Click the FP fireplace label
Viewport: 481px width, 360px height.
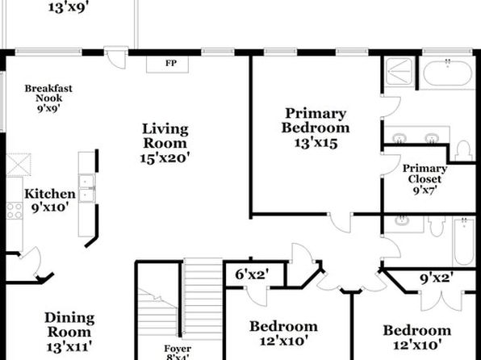[x=171, y=63]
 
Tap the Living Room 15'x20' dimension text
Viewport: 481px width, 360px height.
[x=165, y=158]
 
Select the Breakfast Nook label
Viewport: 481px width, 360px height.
[x=48, y=94]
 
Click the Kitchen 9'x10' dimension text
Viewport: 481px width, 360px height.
[x=50, y=207]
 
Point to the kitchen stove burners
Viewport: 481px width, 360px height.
[x=15, y=211]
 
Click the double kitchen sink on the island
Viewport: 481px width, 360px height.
[x=87, y=188]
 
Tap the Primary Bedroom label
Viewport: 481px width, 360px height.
[x=316, y=120]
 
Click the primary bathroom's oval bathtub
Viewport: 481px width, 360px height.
[x=448, y=73]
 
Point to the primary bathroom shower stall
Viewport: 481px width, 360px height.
[x=399, y=71]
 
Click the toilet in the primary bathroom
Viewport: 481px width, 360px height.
[x=463, y=151]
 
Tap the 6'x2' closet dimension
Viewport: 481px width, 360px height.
[x=252, y=274]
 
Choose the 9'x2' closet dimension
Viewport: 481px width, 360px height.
[x=437, y=278]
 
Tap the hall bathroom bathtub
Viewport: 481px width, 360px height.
[x=463, y=242]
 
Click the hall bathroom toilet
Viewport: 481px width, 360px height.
[x=437, y=226]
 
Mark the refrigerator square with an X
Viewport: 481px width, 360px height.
[x=19, y=165]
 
